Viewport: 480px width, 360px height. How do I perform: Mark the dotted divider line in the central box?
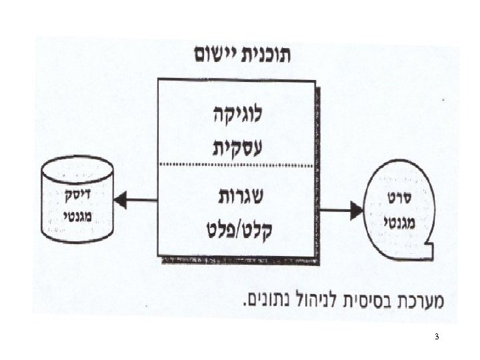pos(237,165)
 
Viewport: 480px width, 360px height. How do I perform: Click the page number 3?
pos(436,337)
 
